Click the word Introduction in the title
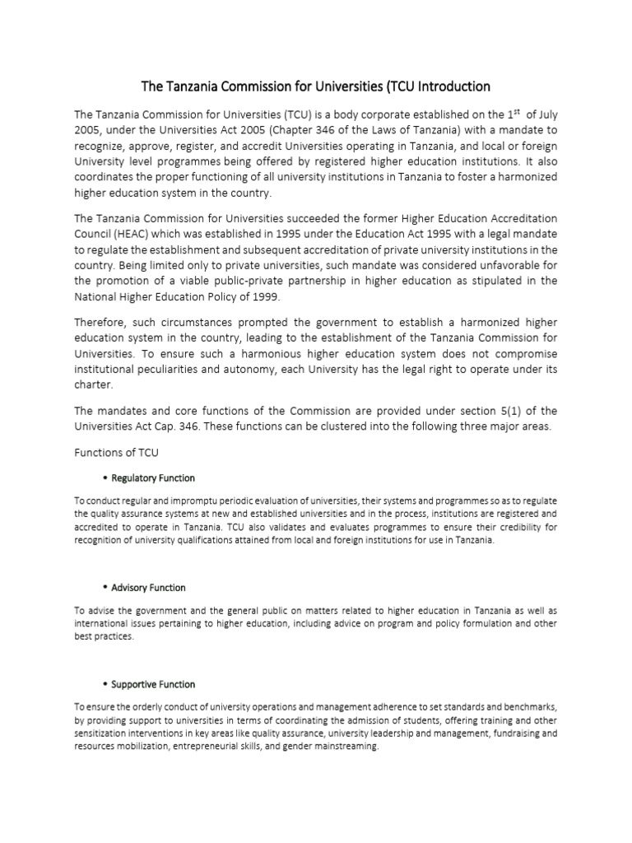(448, 86)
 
